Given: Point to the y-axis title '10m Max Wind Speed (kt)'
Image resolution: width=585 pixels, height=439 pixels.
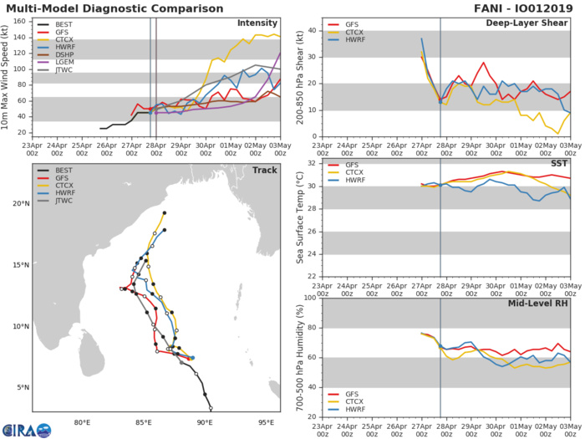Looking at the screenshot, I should click(8, 77).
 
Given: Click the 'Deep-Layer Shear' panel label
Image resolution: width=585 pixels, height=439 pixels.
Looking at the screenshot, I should click(528, 23).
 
